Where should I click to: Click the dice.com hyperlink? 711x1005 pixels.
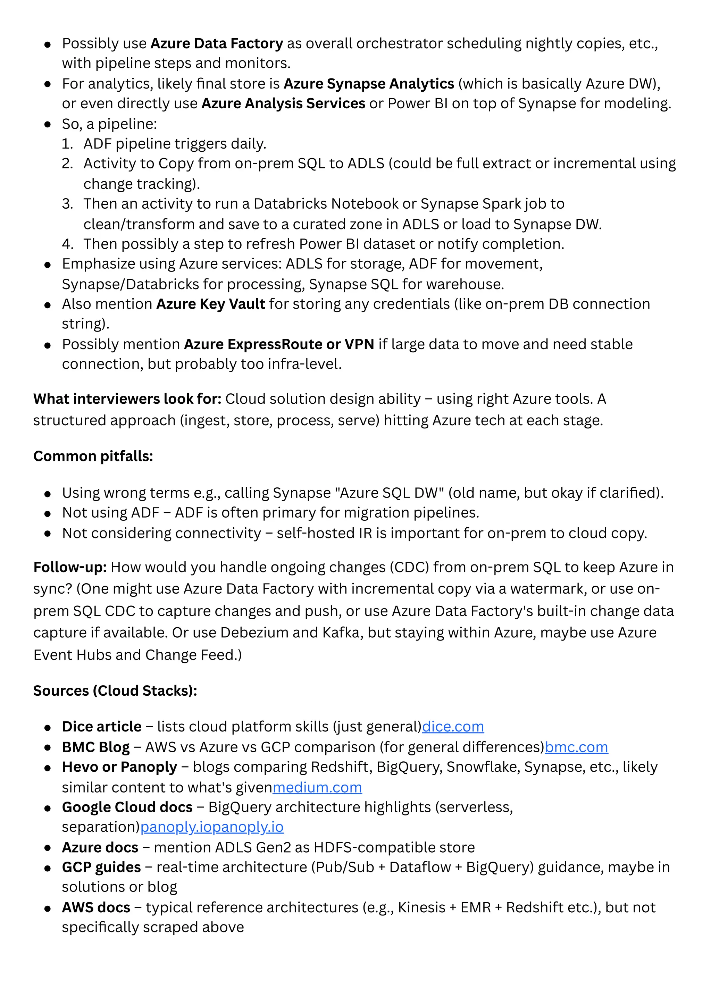point(453,727)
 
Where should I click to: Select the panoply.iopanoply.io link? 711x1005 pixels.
point(212,827)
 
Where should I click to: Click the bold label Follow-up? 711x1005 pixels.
point(70,567)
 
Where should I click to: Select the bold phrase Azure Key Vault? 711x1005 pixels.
point(211,304)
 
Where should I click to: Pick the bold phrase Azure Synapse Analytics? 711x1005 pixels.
point(369,84)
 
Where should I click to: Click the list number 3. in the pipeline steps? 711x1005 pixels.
point(67,204)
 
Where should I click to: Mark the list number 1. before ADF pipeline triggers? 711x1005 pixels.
point(67,144)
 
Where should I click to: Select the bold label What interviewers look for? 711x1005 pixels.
point(127,399)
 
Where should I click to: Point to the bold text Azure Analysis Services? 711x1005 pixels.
point(283,103)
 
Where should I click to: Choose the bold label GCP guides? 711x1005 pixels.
point(102,867)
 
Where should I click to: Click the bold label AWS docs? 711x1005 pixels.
point(96,907)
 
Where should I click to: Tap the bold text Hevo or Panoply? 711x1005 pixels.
point(119,767)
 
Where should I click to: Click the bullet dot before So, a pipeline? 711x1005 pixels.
point(48,124)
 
